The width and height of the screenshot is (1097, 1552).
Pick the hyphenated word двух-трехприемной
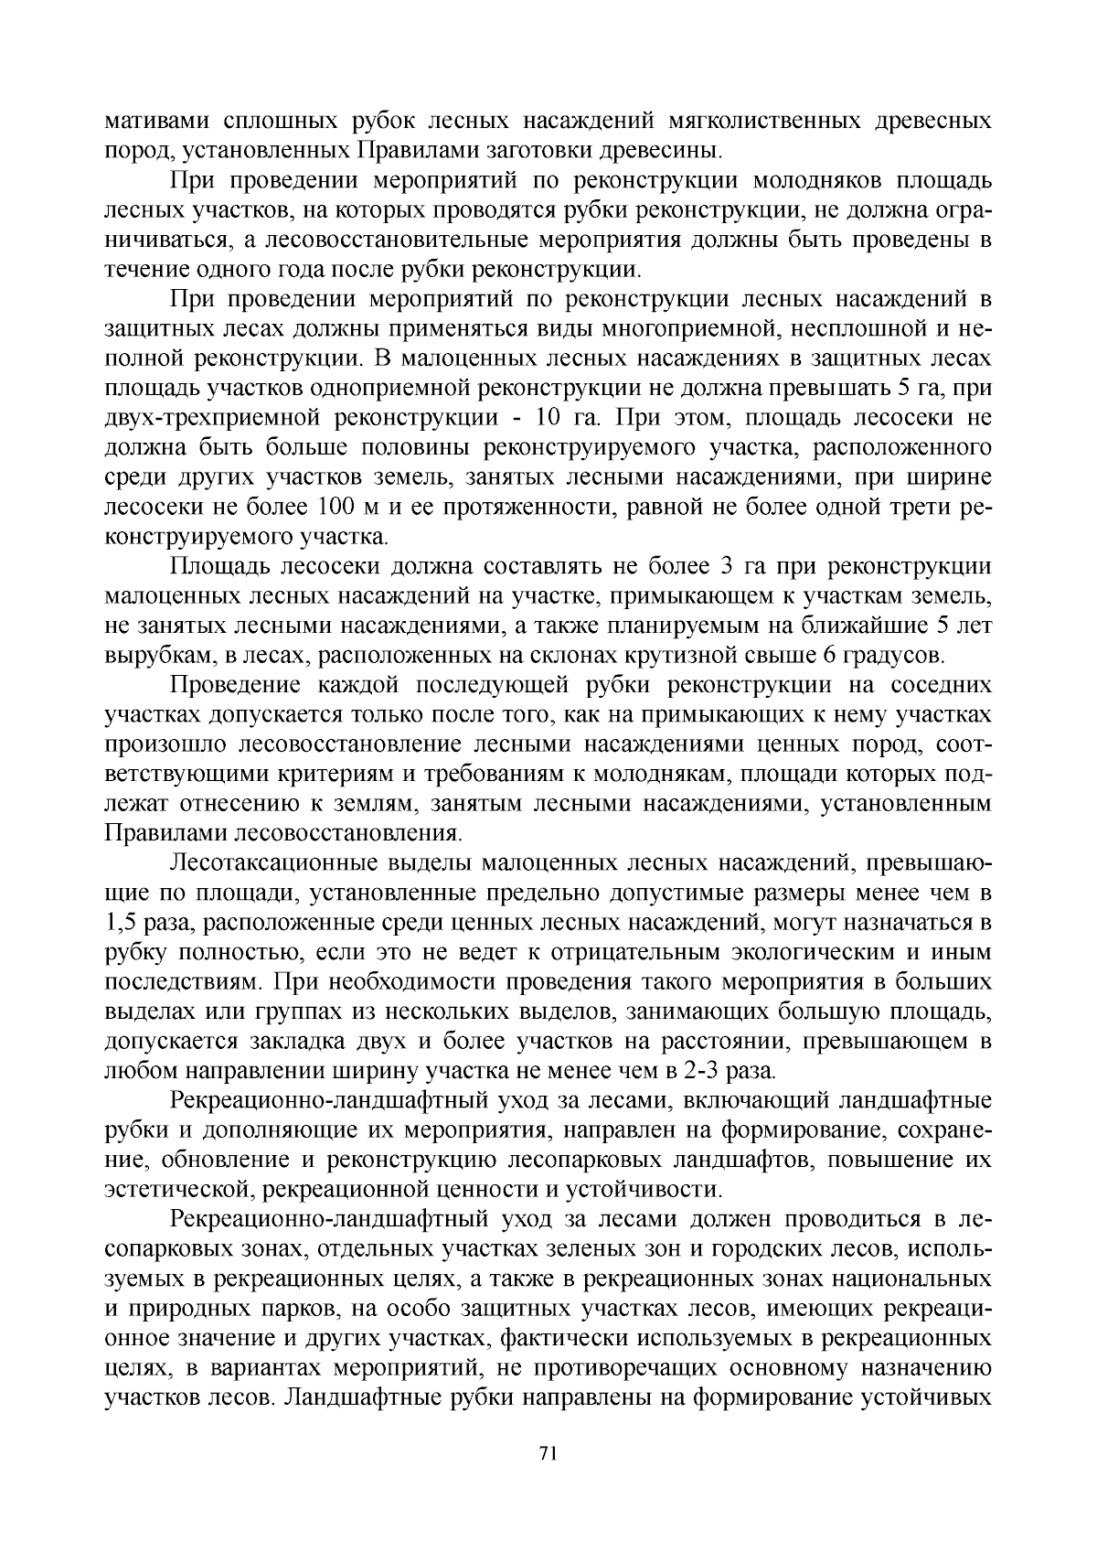pos(212,419)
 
